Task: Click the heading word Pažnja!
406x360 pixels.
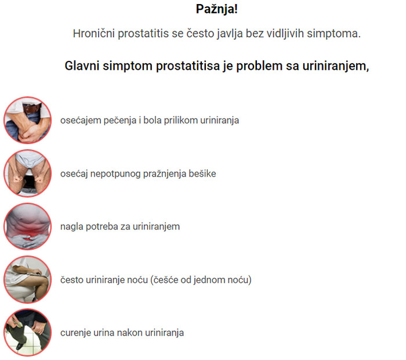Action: coord(217,9)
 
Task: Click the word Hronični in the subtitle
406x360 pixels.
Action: coord(94,34)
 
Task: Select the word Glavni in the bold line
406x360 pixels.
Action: coord(82,66)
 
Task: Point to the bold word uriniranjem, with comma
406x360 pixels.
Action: coord(336,66)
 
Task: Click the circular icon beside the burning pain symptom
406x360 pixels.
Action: coord(28,120)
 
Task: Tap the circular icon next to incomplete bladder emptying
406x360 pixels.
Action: coord(28,174)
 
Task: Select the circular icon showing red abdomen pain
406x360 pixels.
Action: coord(28,226)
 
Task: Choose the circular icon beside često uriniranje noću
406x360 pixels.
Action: coord(28,280)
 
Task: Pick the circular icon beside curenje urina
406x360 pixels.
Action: coord(28,333)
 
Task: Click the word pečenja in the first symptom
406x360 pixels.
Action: coord(120,121)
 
